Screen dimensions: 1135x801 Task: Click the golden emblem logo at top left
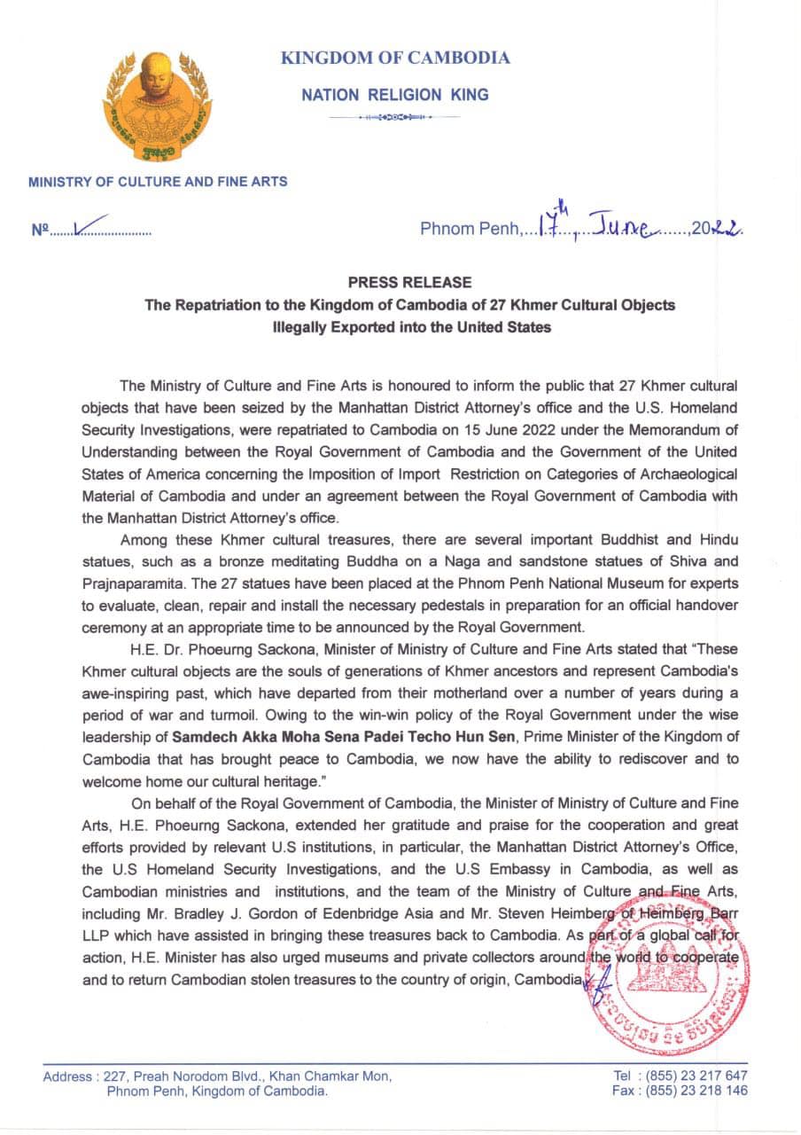pyautogui.click(x=156, y=106)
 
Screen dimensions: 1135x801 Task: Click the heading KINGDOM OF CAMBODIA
pyautogui.click(x=395, y=59)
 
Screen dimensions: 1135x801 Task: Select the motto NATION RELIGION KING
pyautogui.click(x=394, y=94)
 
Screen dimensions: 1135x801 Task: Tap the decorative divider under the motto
pyautogui.click(x=394, y=117)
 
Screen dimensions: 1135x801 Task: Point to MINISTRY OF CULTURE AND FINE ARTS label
pyautogui.click(x=158, y=182)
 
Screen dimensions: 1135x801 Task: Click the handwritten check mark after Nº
pyautogui.click(x=90, y=226)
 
